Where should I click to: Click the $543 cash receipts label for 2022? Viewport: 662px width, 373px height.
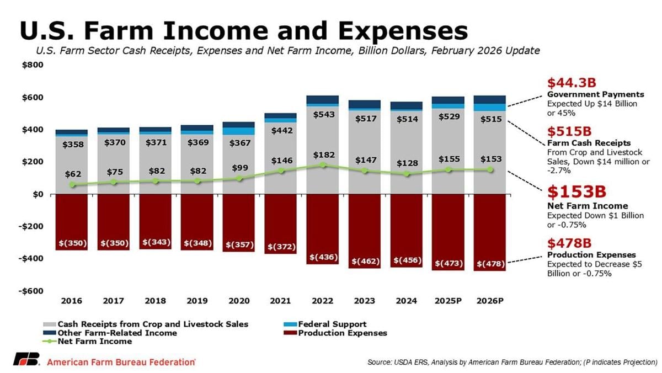click(323, 115)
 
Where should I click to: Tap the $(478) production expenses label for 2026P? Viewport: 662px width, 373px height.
click(490, 264)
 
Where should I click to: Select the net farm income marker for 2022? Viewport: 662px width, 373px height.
click(323, 165)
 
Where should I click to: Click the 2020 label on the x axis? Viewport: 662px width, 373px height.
click(239, 301)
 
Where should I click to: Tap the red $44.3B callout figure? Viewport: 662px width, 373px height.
click(572, 83)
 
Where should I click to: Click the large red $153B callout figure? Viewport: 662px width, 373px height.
click(577, 192)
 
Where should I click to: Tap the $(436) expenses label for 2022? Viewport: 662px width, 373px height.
click(323, 257)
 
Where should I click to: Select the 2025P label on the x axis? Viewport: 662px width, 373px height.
click(447, 301)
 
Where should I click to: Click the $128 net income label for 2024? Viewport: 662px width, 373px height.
click(406, 163)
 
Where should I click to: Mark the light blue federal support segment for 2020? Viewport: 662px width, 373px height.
click(239, 131)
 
